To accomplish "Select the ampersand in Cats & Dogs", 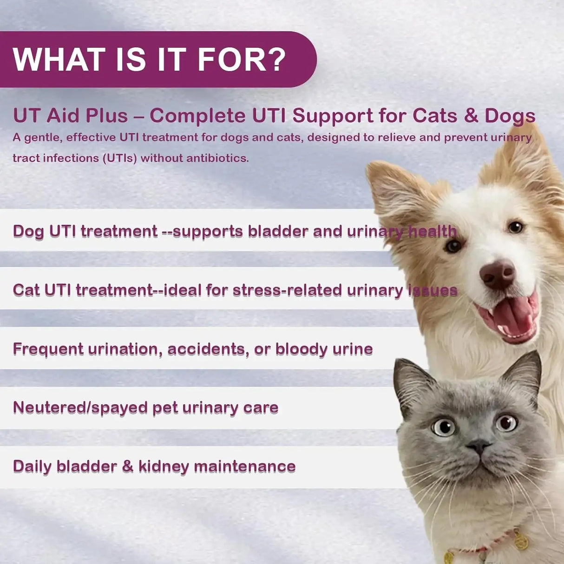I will tap(471, 115).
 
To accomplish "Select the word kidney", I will tap(163, 466).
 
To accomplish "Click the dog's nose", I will tap(497, 274).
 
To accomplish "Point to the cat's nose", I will tap(479, 447).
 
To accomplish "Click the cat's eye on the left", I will tap(444, 426).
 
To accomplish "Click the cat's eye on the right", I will tap(506, 422).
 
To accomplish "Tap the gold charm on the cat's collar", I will tap(521, 540).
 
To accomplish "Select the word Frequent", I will tap(48, 349).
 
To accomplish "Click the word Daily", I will tap(32, 466).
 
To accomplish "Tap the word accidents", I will tap(206, 349).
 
